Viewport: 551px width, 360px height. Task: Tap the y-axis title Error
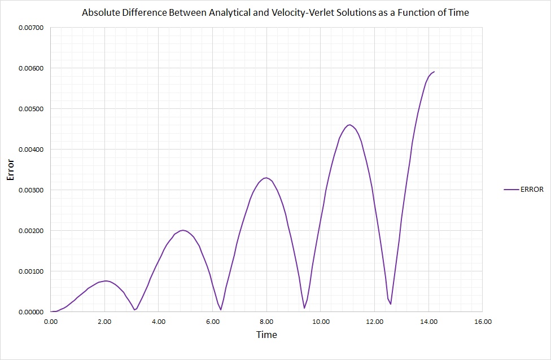tap(10, 169)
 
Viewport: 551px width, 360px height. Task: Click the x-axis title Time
tap(266, 335)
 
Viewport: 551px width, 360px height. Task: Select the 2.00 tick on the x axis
tap(104, 322)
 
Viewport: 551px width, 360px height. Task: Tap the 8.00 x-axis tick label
tap(266, 322)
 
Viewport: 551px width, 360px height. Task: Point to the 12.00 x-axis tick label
tap(374, 322)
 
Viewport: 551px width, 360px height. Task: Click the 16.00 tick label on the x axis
tap(483, 322)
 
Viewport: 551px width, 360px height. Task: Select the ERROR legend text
tap(532, 190)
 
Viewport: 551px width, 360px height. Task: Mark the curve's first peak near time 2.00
tap(106, 280)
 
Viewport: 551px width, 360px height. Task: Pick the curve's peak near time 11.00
tap(350, 125)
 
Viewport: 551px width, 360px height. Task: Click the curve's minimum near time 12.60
tap(390, 304)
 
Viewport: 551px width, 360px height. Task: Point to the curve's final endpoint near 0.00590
tap(434, 72)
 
